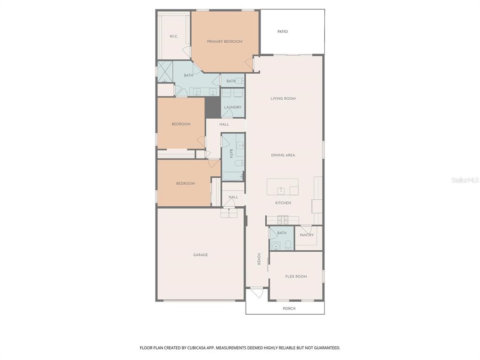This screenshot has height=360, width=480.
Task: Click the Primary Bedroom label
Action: point(225,42)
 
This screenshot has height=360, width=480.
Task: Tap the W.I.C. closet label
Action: point(173,37)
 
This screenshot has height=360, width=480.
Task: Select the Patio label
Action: point(282,32)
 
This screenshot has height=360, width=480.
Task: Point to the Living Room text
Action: point(283,99)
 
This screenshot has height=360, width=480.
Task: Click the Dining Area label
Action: point(283,155)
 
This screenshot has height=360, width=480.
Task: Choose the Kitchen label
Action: point(283,203)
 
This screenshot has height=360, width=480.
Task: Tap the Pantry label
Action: point(307,235)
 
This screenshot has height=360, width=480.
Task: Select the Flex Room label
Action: point(296,277)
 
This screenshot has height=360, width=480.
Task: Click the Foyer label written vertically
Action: point(258,259)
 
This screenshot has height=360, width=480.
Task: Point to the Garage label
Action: point(201,255)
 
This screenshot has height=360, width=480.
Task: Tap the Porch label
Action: point(289,308)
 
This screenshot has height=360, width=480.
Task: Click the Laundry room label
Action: point(232,107)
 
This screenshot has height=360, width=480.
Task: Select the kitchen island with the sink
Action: point(282,187)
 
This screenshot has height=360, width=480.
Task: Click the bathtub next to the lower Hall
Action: point(232,177)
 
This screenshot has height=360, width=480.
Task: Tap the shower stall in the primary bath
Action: point(165,72)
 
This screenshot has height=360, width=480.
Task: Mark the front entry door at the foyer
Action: point(256,292)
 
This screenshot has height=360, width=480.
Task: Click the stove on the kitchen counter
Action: point(283,219)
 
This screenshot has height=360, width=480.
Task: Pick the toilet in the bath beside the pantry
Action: point(287,244)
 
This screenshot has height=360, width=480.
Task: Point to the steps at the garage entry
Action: point(228,213)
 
